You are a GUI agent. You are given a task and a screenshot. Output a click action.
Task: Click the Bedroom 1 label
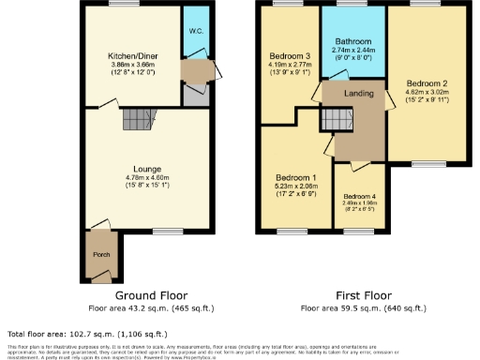pos(295,177)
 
